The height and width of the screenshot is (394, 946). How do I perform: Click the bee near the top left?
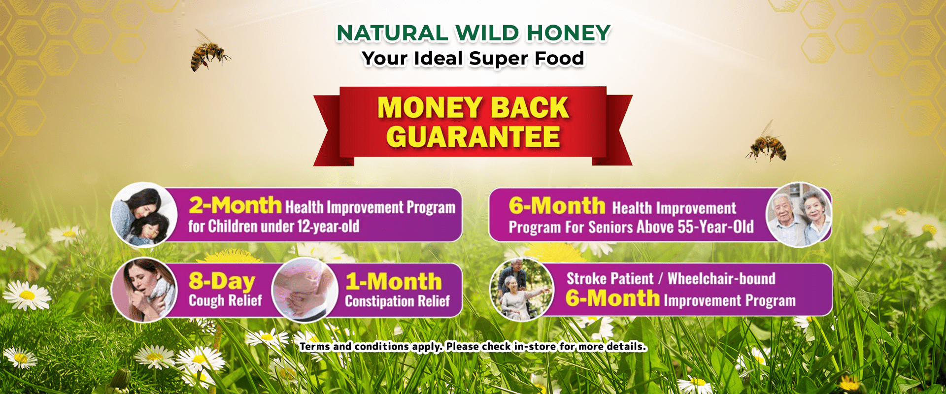click(209, 51)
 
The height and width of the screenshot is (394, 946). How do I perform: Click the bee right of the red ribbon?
click(767, 143)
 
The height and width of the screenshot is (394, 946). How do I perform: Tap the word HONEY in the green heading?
click(569, 33)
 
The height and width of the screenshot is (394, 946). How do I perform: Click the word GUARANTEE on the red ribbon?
click(473, 137)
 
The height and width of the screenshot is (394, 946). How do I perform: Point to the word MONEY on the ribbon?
click(430, 107)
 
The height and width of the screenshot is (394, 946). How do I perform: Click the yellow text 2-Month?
click(235, 205)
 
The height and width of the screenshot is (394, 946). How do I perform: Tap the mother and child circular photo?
click(144, 214)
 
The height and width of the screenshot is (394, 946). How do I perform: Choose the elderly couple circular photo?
click(799, 214)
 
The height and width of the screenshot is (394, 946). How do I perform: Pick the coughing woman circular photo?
click(144, 290)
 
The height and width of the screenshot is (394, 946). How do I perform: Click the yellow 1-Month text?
click(393, 282)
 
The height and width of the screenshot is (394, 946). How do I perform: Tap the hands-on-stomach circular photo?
click(304, 290)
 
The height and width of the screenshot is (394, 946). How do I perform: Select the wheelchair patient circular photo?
click(522, 290)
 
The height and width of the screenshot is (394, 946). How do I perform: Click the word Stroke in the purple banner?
click(587, 279)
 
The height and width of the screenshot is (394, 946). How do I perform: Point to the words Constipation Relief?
click(397, 301)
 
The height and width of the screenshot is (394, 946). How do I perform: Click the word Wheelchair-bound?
click(721, 279)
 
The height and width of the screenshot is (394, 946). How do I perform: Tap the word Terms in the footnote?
click(315, 346)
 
